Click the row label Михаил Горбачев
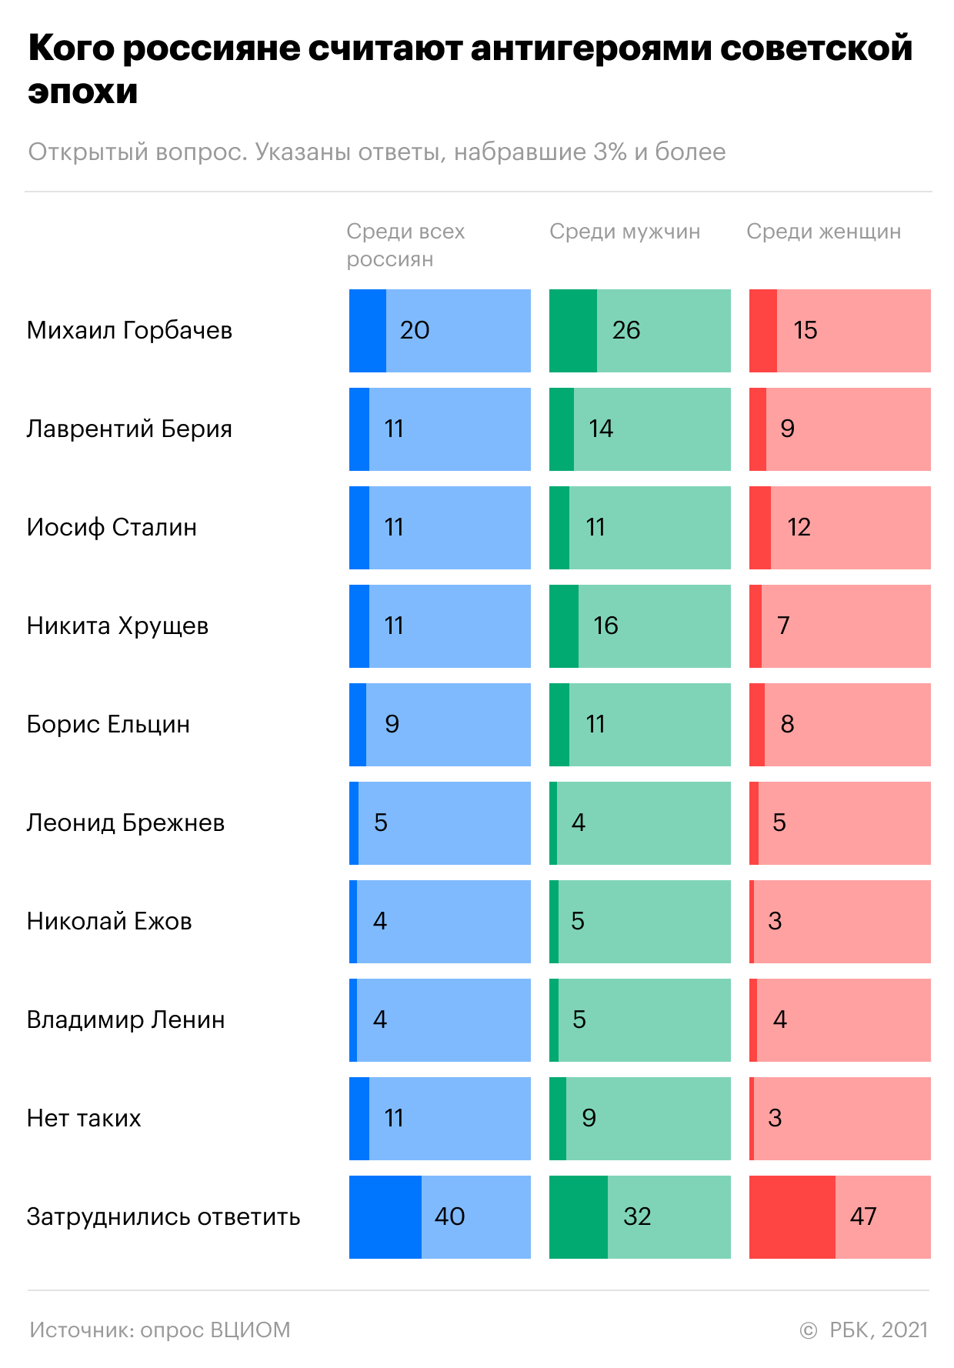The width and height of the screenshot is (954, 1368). (129, 331)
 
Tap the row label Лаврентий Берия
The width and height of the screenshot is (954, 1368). (129, 429)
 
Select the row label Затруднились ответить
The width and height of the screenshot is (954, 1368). (163, 1217)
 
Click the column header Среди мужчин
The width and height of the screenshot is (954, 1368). (625, 232)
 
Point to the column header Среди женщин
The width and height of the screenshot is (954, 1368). (823, 232)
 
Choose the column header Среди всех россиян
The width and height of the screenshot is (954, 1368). (405, 245)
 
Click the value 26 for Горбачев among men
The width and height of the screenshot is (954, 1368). (626, 330)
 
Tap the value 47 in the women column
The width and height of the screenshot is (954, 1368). (863, 1216)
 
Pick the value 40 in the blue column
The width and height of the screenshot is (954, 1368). (449, 1216)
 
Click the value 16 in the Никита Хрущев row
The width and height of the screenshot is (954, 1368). (605, 626)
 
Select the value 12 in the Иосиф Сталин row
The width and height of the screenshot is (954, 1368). (799, 527)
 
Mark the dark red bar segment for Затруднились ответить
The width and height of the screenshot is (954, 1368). (792, 1217)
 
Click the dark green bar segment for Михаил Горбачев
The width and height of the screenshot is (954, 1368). (573, 331)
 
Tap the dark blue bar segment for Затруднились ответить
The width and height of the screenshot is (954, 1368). (385, 1217)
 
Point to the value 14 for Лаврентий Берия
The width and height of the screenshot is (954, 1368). (601, 429)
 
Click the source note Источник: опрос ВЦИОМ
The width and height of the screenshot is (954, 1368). (160, 1330)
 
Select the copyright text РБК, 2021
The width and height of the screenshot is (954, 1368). (879, 1330)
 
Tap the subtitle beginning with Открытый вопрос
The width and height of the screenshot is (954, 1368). (377, 152)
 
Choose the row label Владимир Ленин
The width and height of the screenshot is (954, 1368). (126, 1020)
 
